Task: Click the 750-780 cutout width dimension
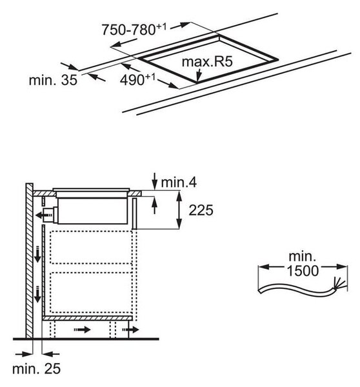tap(134, 30)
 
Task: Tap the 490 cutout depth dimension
tap(137, 79)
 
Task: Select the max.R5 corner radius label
tap(207, 62)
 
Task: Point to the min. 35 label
tap(53, 80)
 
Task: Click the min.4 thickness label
tap(179, 183)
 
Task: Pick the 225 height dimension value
tap(201, 210)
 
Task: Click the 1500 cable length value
tap(303, 271)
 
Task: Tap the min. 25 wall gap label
tap(36, 369)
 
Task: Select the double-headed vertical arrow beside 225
tap(179, 210)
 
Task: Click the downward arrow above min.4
tap(155, 181)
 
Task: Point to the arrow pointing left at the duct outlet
tap(45, 215)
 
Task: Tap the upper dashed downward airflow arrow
tap(37, 254)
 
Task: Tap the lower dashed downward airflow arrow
tap(37, 295)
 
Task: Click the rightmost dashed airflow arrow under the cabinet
tap(130, 330)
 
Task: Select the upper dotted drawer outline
tap(91, 247)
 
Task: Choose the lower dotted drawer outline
tap(91, 292)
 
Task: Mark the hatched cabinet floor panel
tap(87, 319)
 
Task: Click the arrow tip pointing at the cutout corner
tap(197, 81)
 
